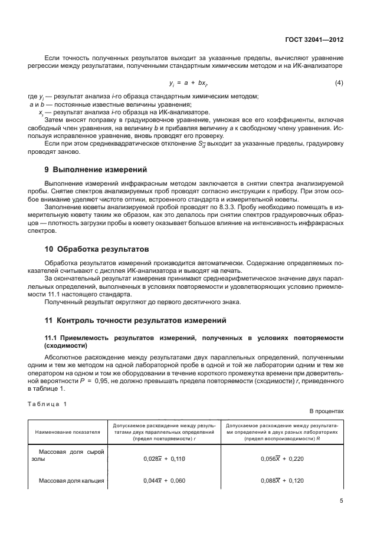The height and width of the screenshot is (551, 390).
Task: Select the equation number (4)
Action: tap(339, 83)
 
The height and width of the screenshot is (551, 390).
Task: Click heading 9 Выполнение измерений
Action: tap(93, 170)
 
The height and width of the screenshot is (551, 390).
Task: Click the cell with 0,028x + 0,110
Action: tap(164, 458)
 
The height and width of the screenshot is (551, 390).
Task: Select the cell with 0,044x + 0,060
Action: tap(164, 480)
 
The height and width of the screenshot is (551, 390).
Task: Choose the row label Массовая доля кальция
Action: tap(71, 480)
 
